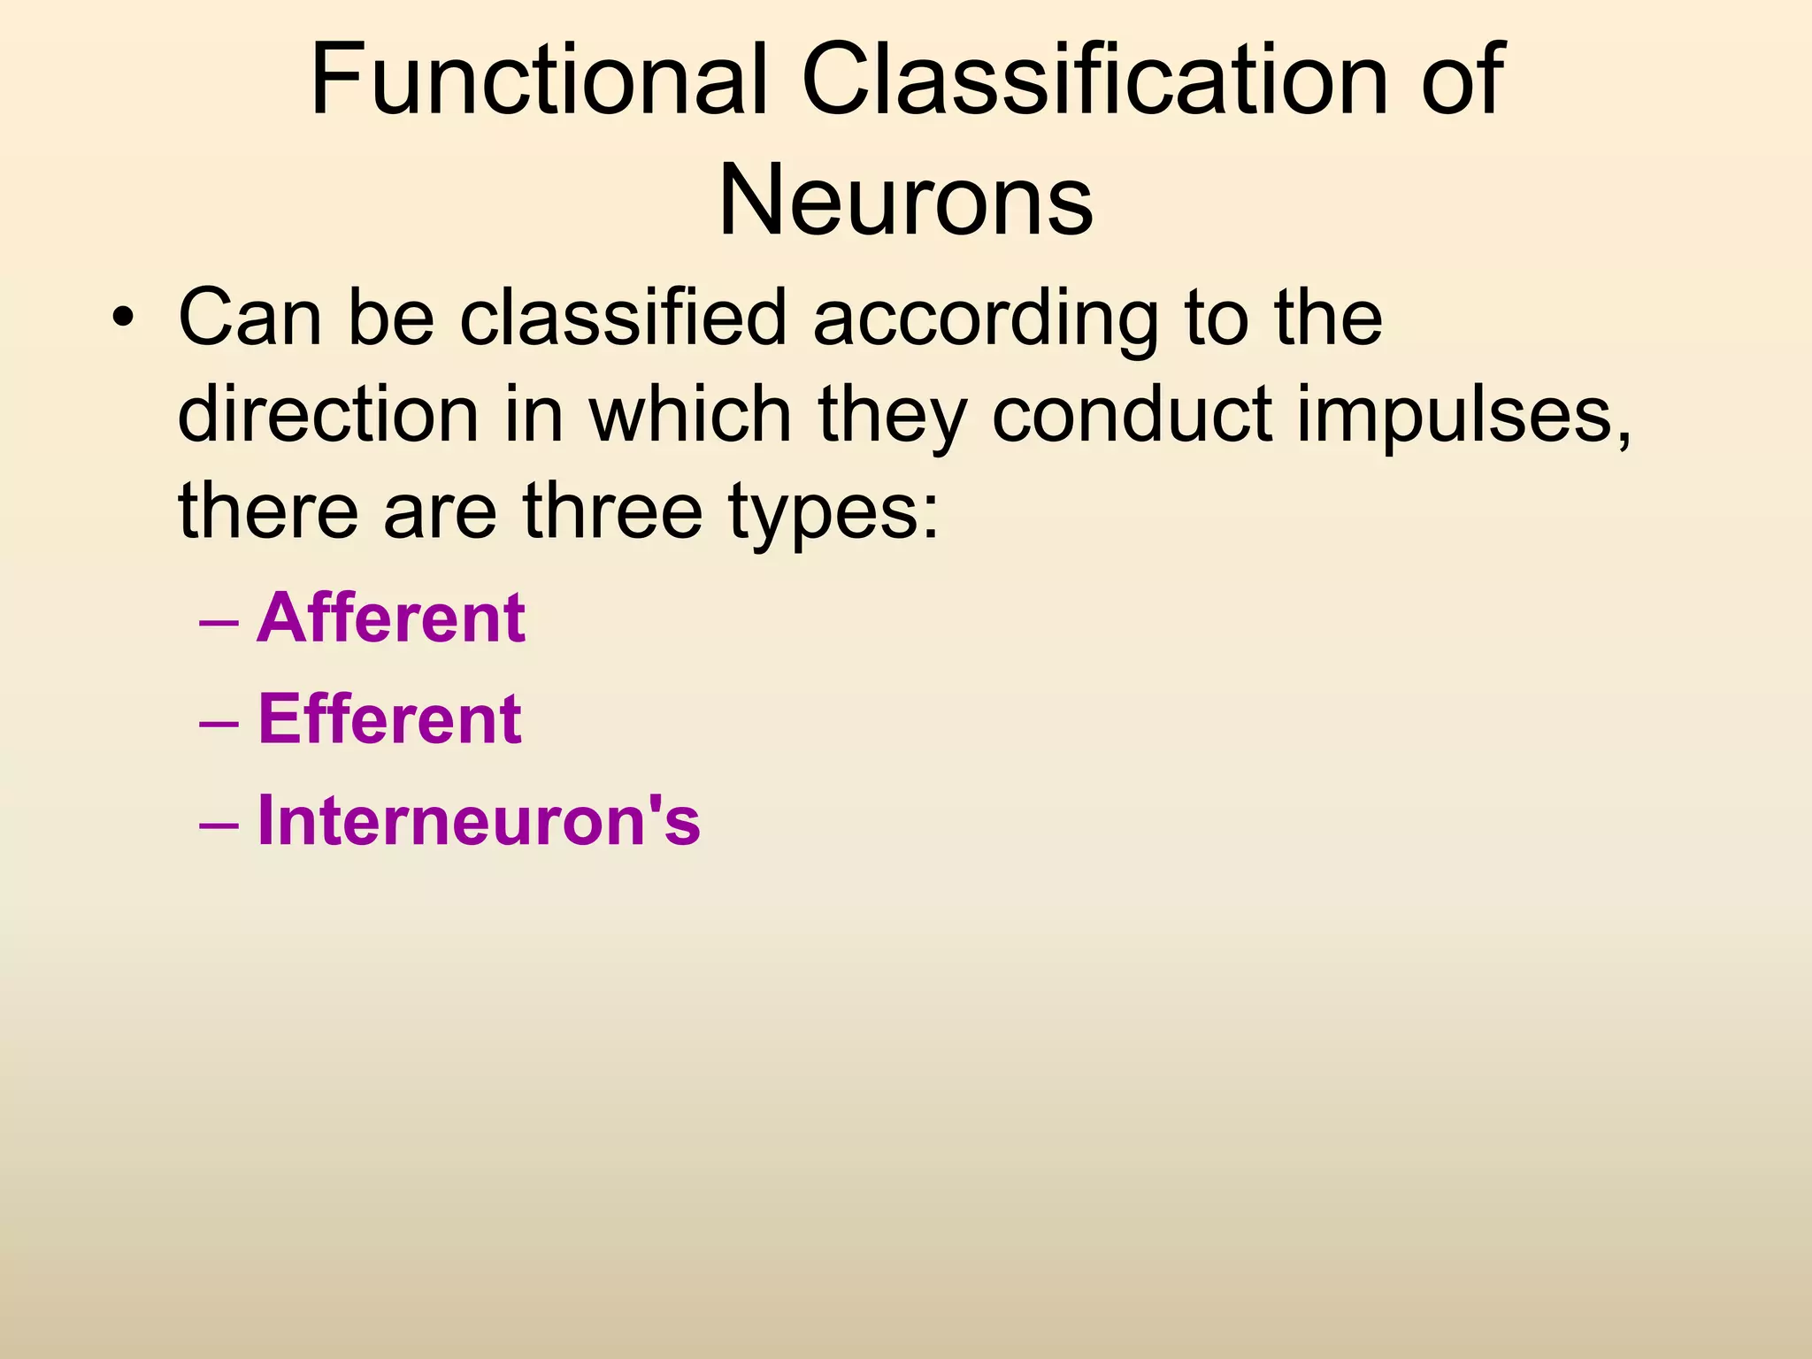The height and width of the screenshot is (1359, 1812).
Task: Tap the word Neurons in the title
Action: pyautogui.click(x=905, y=201)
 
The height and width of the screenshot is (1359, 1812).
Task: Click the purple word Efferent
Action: pyautogui.click(x=389, y=718)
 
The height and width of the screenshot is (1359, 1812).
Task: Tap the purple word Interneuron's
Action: pyautogui.click(x=479, y=820)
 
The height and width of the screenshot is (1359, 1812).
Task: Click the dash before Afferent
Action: pyautogui.click(x=219, y=622)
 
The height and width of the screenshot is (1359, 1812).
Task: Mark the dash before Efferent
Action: pyautogui.click(x=219, y=723)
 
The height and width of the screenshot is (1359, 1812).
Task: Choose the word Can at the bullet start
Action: pyautogui.click(x=250, y=319)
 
